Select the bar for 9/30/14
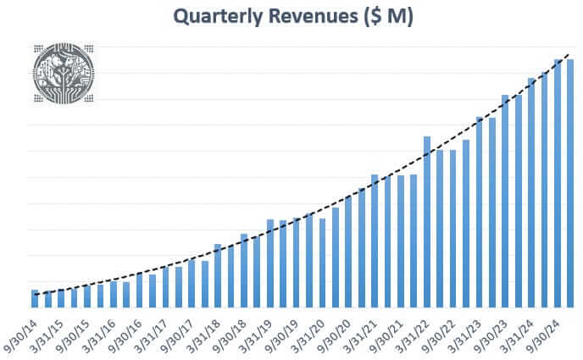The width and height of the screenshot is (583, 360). pos(35,298)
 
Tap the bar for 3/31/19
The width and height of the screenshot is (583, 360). pos(270,263)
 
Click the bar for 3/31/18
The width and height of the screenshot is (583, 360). pos(218,275)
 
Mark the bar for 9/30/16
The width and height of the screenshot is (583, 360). pos(139,290)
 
